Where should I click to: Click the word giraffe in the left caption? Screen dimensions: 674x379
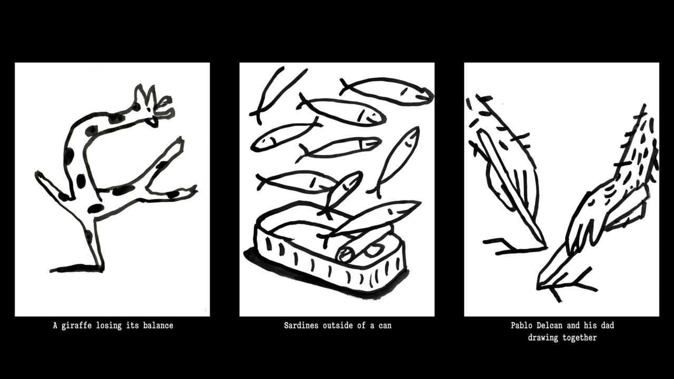coord(76,326)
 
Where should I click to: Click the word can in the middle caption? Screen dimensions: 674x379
coord(385,326)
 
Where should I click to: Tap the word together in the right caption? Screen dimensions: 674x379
coord(580,338)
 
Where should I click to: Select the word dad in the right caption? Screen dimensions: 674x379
coord(608,325)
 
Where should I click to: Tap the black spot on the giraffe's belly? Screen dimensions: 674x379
coord(96,208)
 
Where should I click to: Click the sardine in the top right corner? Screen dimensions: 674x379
coord(386,91)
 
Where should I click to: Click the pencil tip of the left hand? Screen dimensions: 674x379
coord(544,247)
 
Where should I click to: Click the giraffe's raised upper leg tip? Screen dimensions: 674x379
coord(180,140)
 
